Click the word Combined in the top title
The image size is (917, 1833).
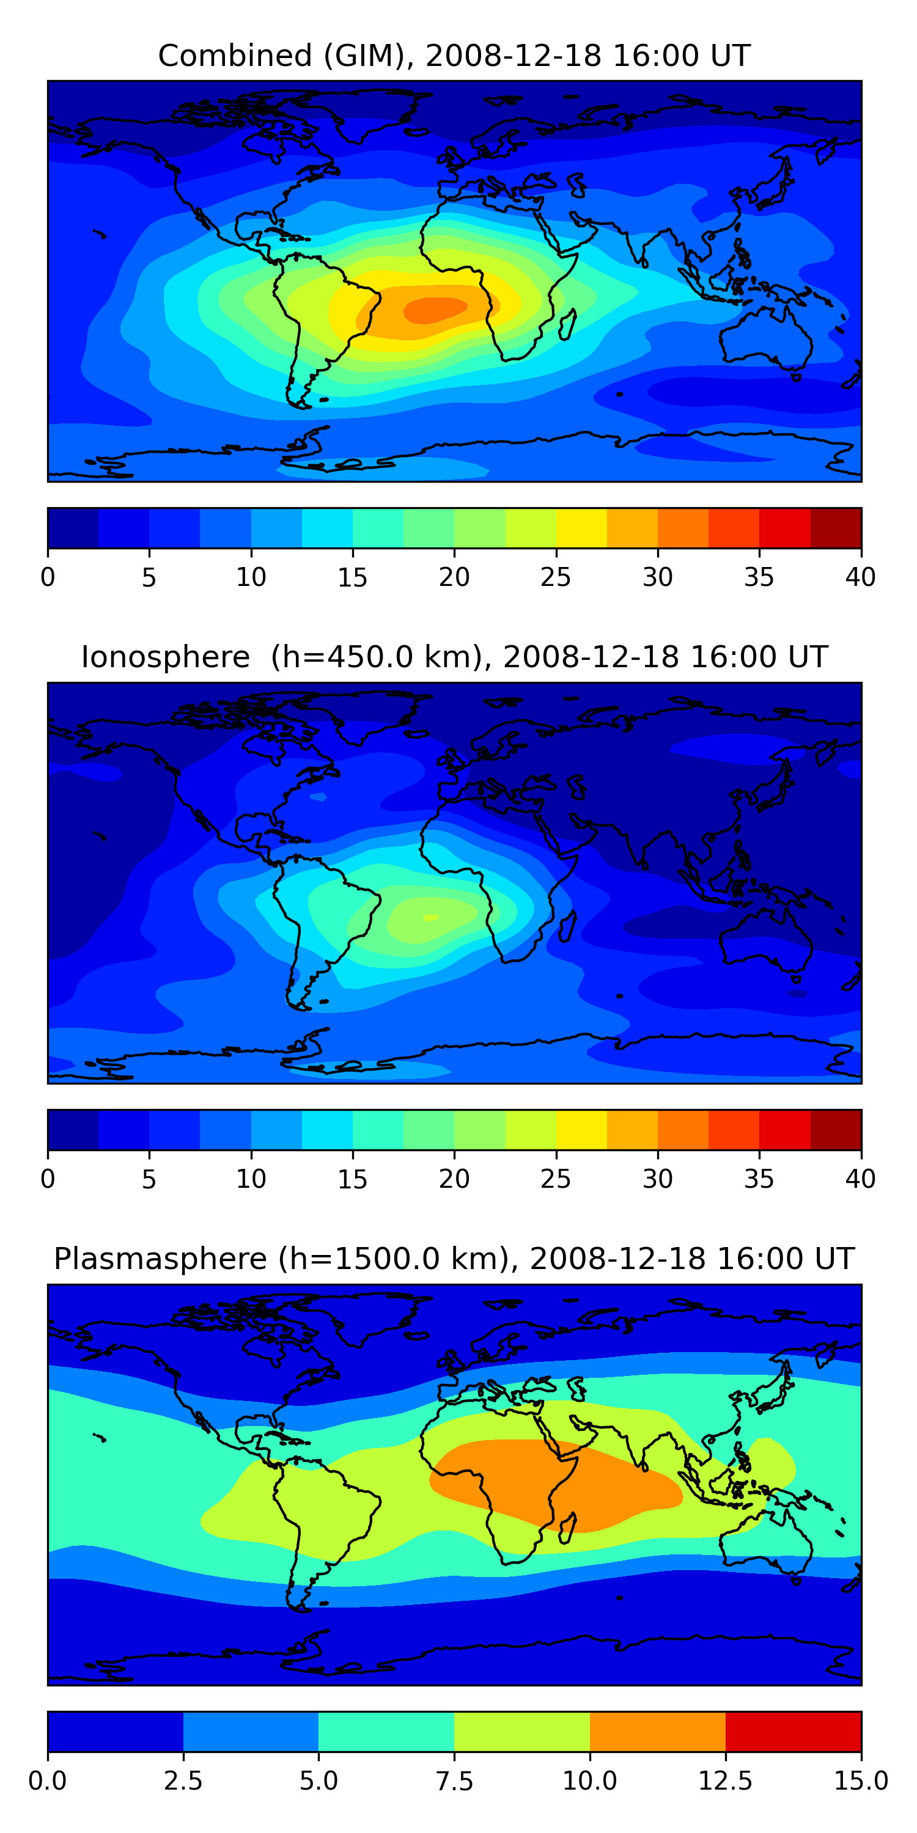tap(235, 56)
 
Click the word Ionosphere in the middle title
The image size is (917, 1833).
tap(165, 657)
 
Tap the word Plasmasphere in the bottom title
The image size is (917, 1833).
tap(160, 1259)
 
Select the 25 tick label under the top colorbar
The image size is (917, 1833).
tap(555, 577)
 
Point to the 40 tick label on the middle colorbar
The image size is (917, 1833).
tap(860, 1179)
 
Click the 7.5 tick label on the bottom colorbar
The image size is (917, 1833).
tap(454, 1781)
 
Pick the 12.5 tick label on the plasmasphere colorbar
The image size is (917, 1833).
tap(726, 1781)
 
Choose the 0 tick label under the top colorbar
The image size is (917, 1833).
tap(48, 577)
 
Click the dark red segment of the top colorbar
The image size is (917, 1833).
tap(836, 528)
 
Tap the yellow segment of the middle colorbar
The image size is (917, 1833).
tap(581, 1130)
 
